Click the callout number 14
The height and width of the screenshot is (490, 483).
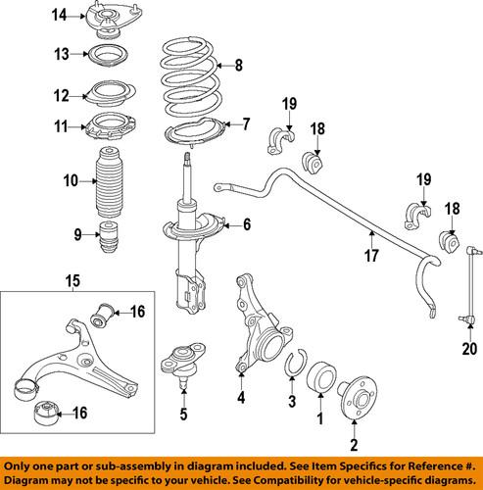[60, 15]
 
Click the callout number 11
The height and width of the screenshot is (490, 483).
[60, 127]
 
